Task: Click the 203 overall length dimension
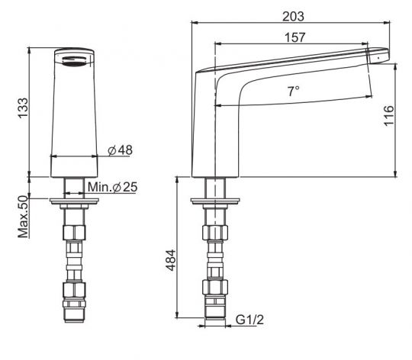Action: pyautogui.click(x=293, y=17)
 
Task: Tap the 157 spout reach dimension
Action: pyautogui.click(x=295, y=37)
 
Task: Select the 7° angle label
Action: pyautogui.click(x=293, y=92)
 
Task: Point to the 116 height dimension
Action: pyautogui.click(x=389, y=116)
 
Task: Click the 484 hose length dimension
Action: pyautogui.click(x=171, y=260)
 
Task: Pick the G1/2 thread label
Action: pyautogui.click(x=249, y=320)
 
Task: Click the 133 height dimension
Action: pyautogui.click(x=23, y=108)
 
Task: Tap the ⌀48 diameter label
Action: pyautogui.click(x=121, y=150)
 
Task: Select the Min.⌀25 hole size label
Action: pyautogui.click(x=112, y=187)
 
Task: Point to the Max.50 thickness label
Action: pyautogui.click(x=23, y=217)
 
